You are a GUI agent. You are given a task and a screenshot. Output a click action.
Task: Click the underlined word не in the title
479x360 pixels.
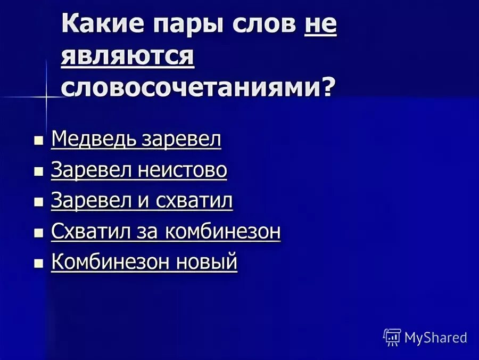pos(320,26)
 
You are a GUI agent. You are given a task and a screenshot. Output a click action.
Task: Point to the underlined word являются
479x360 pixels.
pos(127,55)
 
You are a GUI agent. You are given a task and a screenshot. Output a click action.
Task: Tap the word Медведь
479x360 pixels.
pos(94,139)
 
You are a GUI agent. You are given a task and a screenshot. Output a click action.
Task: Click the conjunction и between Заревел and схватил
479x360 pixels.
pos(146,201)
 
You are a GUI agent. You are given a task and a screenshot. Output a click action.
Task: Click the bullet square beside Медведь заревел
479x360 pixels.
pos(38,141)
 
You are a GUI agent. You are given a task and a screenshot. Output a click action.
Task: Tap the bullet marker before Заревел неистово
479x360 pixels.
pos(38,171)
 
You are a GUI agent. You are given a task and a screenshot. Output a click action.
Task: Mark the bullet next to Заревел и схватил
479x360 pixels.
pos(38,202)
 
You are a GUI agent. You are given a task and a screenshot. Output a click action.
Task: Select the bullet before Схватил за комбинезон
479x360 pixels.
pos(38,233)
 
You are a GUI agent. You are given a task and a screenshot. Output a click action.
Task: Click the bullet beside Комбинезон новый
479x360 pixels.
pos(38,264)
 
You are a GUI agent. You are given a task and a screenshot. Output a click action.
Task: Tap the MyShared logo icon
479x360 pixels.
pos(392,337)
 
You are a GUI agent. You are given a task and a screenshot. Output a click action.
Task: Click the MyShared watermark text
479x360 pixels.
pos(435,338)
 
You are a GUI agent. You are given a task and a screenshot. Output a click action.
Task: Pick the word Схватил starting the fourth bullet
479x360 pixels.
pos(85,232)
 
